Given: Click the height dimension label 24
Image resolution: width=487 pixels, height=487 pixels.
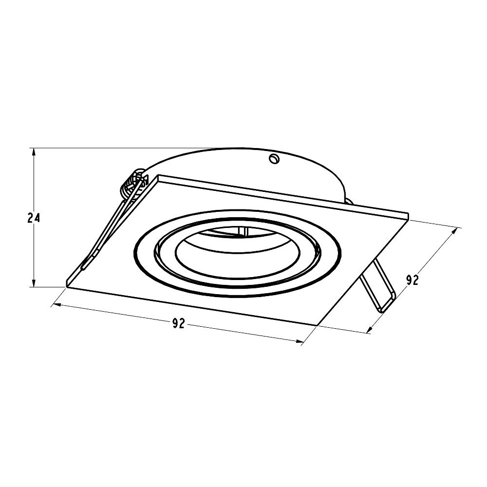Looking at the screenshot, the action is tap(34, 218).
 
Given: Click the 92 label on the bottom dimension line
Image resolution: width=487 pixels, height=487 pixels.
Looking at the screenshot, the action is tap(179, 323).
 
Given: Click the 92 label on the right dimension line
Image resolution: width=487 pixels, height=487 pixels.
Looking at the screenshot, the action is tap(412, 280).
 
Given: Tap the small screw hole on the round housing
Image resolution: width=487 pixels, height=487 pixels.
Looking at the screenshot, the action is tap(274, 159).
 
